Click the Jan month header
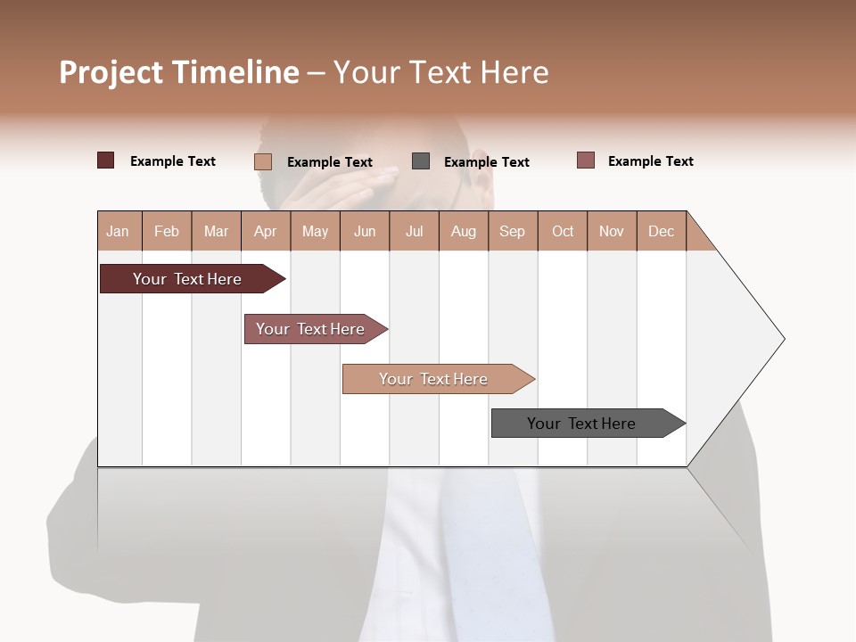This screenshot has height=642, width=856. [x=118, y=231]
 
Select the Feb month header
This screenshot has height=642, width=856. [x=167, y=231]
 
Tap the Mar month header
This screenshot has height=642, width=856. [x=216, y=231]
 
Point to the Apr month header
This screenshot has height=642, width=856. [x=265, y=231]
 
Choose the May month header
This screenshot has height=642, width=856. [x=315, y=231]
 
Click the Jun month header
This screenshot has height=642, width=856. [x=365, y=231]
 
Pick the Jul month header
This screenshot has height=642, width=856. [x=414, y=231]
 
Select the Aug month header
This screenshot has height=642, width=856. [x=463, y=231]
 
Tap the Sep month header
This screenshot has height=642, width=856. [x=512, y=231]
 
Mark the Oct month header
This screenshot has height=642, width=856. [x=563, y=231]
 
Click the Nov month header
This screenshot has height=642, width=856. [x=612, y=231]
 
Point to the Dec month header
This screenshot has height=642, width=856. [x=661, y=231]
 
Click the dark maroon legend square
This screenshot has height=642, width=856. [x=105, y=160]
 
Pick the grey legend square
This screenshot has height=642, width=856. [x=421, y=160]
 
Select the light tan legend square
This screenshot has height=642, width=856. [x=263, y=161]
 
